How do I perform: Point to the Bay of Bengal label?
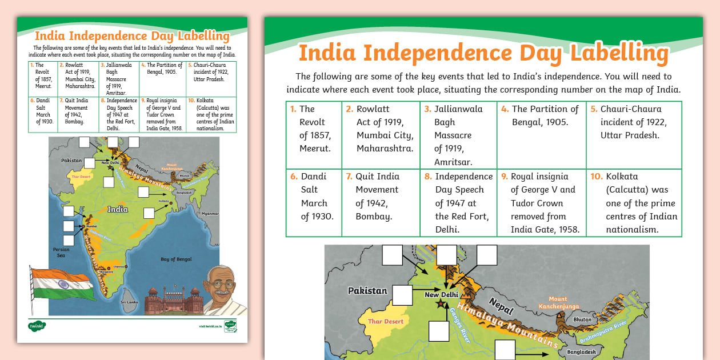176,259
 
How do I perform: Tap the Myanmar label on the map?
210,214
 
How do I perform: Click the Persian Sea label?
61,252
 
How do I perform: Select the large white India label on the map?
117,209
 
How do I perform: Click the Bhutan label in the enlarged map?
582,319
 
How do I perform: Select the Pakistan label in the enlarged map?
367,291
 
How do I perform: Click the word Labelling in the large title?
619,53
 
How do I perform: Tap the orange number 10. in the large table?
597,177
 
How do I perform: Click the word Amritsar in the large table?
453,162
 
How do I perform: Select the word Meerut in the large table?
314,149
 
